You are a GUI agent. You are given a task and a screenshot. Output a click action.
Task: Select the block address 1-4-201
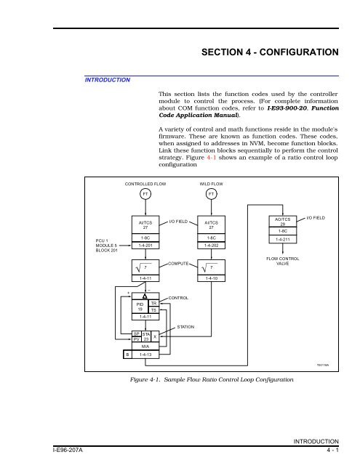pyautogui.click(x=145, y=246)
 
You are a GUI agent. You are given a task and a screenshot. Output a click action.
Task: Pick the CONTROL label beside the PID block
pyautogui.click(x=179, y=298)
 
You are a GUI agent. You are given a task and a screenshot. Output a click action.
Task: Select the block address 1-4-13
pyautogui.click(x=145, y=355)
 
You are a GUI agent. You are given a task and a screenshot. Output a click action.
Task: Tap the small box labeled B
pyautogui.click(x=127, y=355)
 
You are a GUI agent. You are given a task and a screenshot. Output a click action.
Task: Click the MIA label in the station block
pyautogui.click(x=145, y=347)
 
